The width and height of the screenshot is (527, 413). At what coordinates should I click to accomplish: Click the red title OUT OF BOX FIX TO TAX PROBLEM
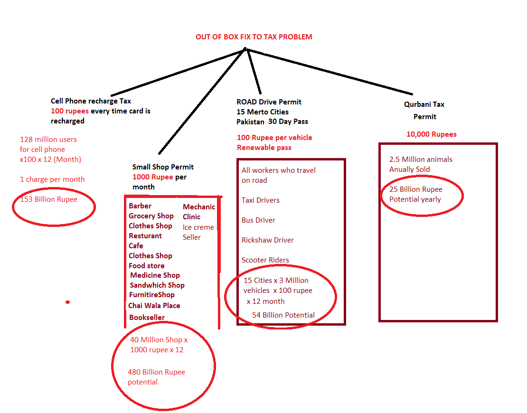(x=254, y=37)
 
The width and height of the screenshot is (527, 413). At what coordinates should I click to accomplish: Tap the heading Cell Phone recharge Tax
(x=91, y=101)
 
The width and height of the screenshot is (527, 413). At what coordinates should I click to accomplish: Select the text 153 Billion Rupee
(x=49, y=199)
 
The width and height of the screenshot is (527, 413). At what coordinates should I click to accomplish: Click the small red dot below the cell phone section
(x=67, y=302)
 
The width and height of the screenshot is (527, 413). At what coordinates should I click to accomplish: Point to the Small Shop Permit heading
(x=163, y=167)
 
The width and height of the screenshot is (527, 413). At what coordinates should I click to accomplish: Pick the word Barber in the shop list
(x=140, y=206)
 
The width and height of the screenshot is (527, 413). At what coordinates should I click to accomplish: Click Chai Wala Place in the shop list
(x=154, y=305)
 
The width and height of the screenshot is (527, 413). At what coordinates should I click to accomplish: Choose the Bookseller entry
(x=147, y=318)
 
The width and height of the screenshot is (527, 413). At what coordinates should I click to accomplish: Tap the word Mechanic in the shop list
(x=199, y=207)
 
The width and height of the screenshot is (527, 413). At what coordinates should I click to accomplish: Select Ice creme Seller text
(x=198, y=232)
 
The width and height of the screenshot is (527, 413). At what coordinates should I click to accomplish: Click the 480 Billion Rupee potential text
(x=156, y=377)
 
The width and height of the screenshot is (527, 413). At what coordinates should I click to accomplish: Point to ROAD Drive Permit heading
(x=269, y=102)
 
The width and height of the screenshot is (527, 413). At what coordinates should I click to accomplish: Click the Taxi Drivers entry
(x=261, y=200)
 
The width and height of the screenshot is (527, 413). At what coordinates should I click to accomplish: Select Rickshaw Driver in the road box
(x=267, y=240)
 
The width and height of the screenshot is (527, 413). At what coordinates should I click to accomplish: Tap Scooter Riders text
(x=265, y=260)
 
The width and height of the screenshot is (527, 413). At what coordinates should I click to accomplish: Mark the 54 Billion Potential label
(x=283, y=315)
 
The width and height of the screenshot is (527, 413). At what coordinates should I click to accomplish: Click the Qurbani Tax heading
(x=424, y=104)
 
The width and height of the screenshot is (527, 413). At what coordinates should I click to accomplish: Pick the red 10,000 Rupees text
(x=432, y=134)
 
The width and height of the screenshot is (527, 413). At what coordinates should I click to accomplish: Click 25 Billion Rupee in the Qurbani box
(x=416, y=189)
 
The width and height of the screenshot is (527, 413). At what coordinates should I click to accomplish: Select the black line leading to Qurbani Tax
(x=329, y=72)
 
